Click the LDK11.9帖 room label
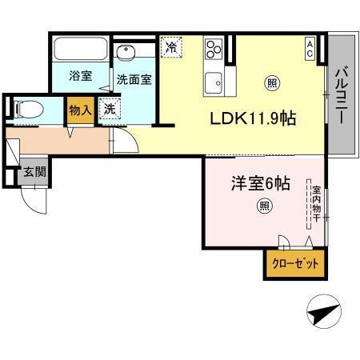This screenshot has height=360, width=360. pyautogui.click(x=254, y=118)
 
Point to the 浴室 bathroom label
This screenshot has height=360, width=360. pyautogui.click(x=79, y=77)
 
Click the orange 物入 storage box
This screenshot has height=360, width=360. pyautogui.click(x=79, y=110)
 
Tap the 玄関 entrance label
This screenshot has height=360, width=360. pyautogui.click(x=34, y=171)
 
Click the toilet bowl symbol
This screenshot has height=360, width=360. pyautogui.click(x=27, y=109)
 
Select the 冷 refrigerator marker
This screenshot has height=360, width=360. pyautogui.click(x=170, y=47)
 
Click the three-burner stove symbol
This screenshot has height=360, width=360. pyautogui.click(x=214, y=50)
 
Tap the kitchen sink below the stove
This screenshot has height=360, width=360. pyautogui.click(x=213, y=80)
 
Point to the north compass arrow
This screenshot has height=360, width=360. pyautogui.click(x=326, y=311)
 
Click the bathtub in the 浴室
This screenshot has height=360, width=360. pyautogui.click(x=78, y=50)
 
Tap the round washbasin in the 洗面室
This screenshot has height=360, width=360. pyautogui.click(x=125, y=53)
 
